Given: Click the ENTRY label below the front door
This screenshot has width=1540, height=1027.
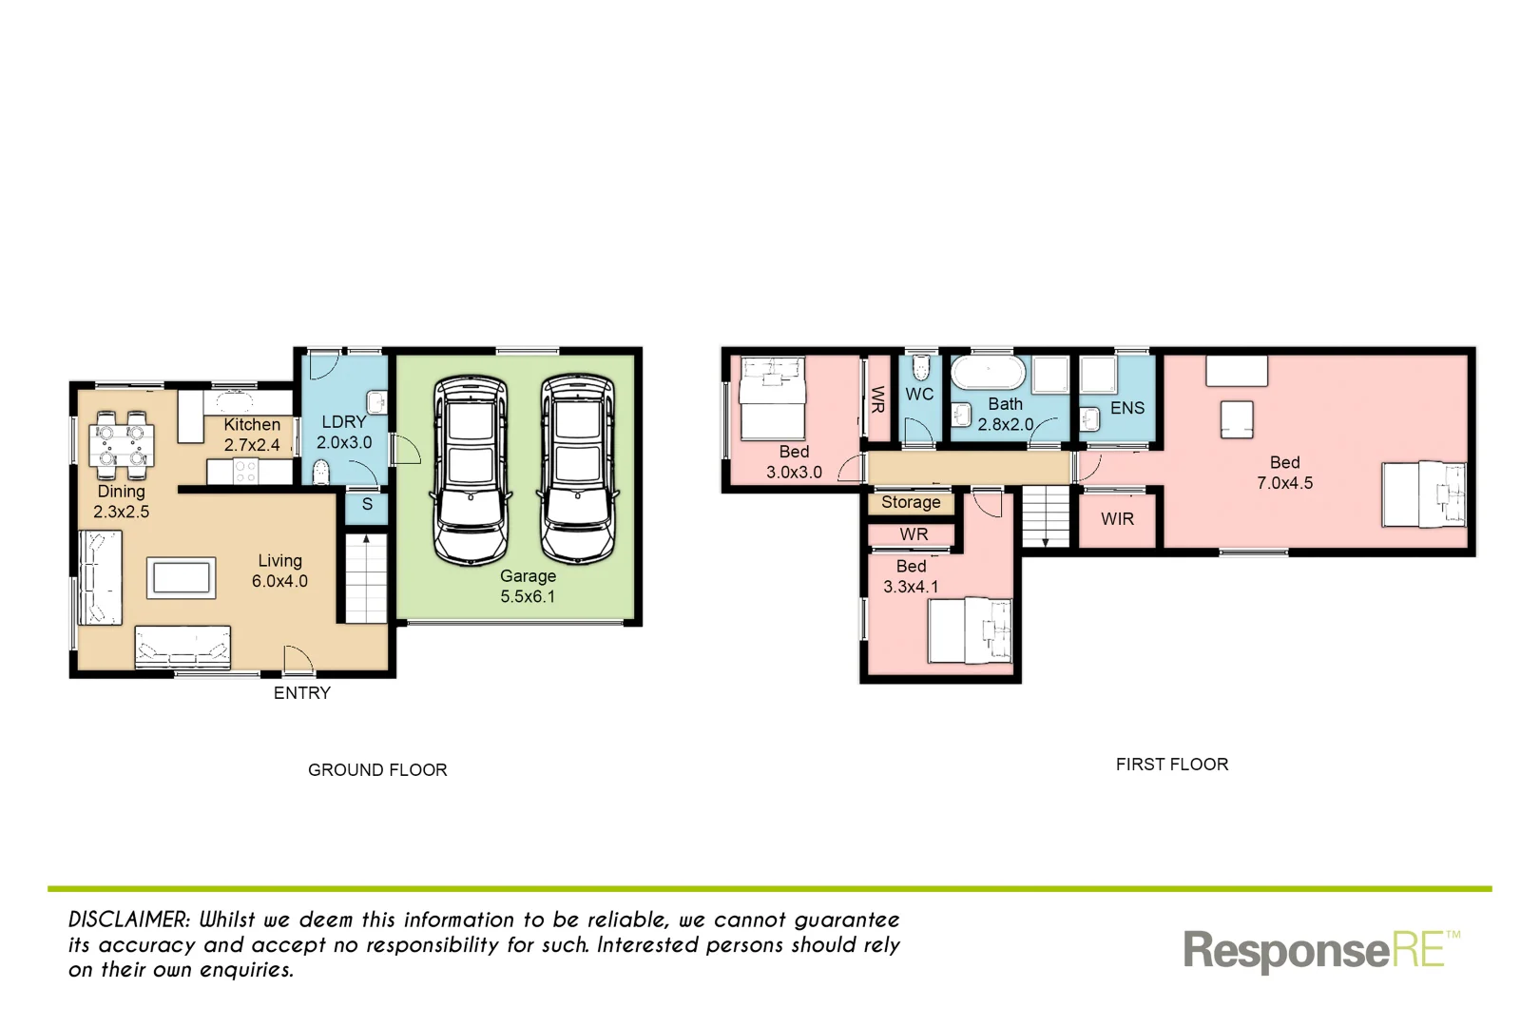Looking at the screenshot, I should click(302, 693).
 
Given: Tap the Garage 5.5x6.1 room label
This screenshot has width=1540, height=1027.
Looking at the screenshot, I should click(528, 586).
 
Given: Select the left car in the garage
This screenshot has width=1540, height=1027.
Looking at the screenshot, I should click(471, 470).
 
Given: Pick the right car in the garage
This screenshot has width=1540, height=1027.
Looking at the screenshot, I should click(578, 470).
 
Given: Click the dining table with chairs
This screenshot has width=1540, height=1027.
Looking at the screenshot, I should click(122, 445).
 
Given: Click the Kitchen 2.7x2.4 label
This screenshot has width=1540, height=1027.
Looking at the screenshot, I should click(252, 435).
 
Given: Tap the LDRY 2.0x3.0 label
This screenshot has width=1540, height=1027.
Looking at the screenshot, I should click(344, 432).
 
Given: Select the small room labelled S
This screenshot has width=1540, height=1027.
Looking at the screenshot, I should click(367, 505).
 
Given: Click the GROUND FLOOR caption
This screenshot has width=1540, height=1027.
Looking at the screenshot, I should click(377, 770).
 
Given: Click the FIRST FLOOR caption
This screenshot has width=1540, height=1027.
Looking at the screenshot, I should click(1172, 765).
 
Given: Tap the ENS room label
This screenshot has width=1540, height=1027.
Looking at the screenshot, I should click(1127, 408).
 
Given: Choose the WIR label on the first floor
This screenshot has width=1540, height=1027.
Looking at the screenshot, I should click(1117, 519).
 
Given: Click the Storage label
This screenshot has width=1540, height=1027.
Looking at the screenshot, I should click(911, 502).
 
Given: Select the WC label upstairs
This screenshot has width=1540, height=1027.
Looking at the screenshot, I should click(919, 395).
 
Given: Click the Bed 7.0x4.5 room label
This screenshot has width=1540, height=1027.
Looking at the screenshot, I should click(1284, 473).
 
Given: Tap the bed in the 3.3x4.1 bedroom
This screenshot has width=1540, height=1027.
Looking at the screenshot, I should click(970, 630).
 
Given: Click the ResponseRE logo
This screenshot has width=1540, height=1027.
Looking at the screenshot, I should click(1320, 950).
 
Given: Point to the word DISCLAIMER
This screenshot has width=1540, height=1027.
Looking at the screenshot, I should click(129, 920).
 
